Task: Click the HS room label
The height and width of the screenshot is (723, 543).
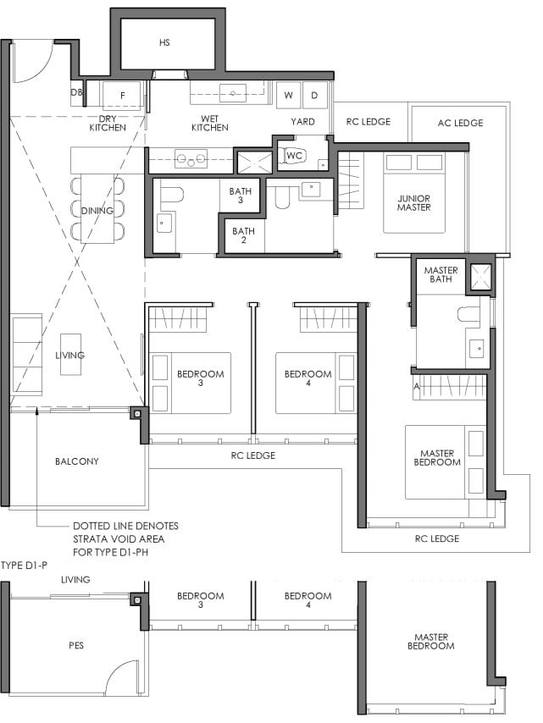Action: (164, 42)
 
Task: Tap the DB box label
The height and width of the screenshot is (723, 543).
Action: (76, 92)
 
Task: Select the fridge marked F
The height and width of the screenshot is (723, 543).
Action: (121, 96)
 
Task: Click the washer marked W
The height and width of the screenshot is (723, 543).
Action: (288, 96)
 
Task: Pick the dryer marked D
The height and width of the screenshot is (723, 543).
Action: (314, 96)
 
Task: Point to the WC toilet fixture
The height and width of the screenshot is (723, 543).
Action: (294, 156)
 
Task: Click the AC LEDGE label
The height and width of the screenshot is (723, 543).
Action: (461, 123)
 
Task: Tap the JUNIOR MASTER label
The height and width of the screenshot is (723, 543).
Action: (414, 203)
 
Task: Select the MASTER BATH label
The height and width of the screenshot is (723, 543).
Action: (440, 274)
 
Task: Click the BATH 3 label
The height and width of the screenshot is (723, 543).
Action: (241, 196)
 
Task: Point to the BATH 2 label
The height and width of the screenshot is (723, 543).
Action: (243, 235)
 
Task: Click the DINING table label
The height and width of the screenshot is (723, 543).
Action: (97, 211)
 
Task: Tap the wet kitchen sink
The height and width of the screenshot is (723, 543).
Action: (232, 94)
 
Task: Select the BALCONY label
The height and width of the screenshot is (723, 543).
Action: (76, 461)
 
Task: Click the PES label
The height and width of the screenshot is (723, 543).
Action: (76, 645)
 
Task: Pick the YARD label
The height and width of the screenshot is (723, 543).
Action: (302, 122)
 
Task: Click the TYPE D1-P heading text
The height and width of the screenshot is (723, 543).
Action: (24, 566)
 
